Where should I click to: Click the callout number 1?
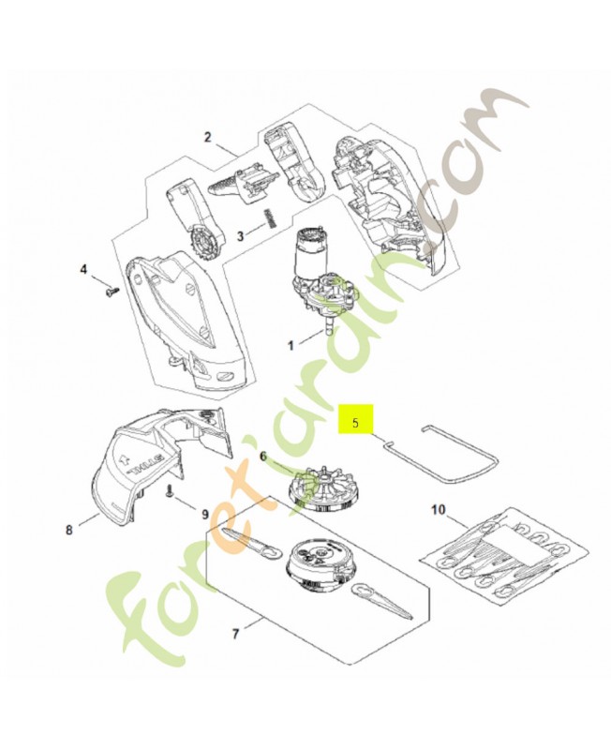tap(291, 345)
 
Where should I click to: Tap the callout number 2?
tap(207, 137)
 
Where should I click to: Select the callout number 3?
tap(241, 236)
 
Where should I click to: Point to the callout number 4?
tap(83, 270)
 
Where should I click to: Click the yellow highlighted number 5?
tap(355, 423)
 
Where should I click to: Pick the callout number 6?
tap(263, 457)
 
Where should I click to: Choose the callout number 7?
tap(235, 635)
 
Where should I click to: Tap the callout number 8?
tap(69, 530)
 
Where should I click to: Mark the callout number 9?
tap(205, 514)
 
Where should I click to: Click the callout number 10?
tap(438, 510)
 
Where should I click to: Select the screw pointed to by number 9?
tap(169, 492)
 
